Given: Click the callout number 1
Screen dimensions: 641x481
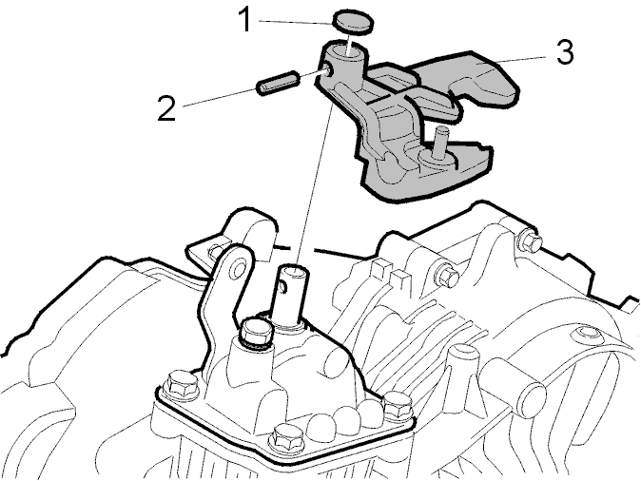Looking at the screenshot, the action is point(245,20).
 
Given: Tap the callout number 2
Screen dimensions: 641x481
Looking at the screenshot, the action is point(166,107).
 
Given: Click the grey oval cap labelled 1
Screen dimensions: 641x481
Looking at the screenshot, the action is point(354,23).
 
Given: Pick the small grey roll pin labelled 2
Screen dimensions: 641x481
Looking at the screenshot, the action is point(277,82).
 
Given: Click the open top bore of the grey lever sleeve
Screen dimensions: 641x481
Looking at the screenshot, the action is point(345,52).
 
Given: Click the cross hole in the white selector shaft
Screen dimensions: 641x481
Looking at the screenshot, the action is point(282,286).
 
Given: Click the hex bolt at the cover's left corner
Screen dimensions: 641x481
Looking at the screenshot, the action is point(181,383).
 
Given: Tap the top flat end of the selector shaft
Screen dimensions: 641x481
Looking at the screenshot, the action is point(292,271).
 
